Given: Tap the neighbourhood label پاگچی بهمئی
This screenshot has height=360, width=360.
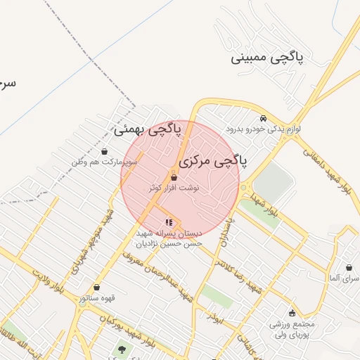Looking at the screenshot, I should pos(148,129).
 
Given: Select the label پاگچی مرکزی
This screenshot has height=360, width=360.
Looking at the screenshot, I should pos(213,161).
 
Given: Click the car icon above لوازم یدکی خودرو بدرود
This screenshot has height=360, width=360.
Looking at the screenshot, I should pos(263,118).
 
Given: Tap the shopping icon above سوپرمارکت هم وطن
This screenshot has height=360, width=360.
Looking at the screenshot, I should pos(105,151).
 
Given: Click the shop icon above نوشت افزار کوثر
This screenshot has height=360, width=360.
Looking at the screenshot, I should pos(174,178).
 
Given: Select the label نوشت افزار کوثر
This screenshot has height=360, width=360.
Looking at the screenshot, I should pos(174,188).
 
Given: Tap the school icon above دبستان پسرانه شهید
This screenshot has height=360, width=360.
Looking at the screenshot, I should pos(168,223).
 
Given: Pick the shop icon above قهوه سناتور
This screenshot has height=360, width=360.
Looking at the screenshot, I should pos(96,287).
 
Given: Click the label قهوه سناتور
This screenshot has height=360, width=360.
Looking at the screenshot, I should pos(96,298).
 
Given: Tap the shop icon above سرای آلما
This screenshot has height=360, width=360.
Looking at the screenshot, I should pos(349,268).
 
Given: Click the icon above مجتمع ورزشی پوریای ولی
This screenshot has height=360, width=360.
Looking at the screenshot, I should pos(292,313).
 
